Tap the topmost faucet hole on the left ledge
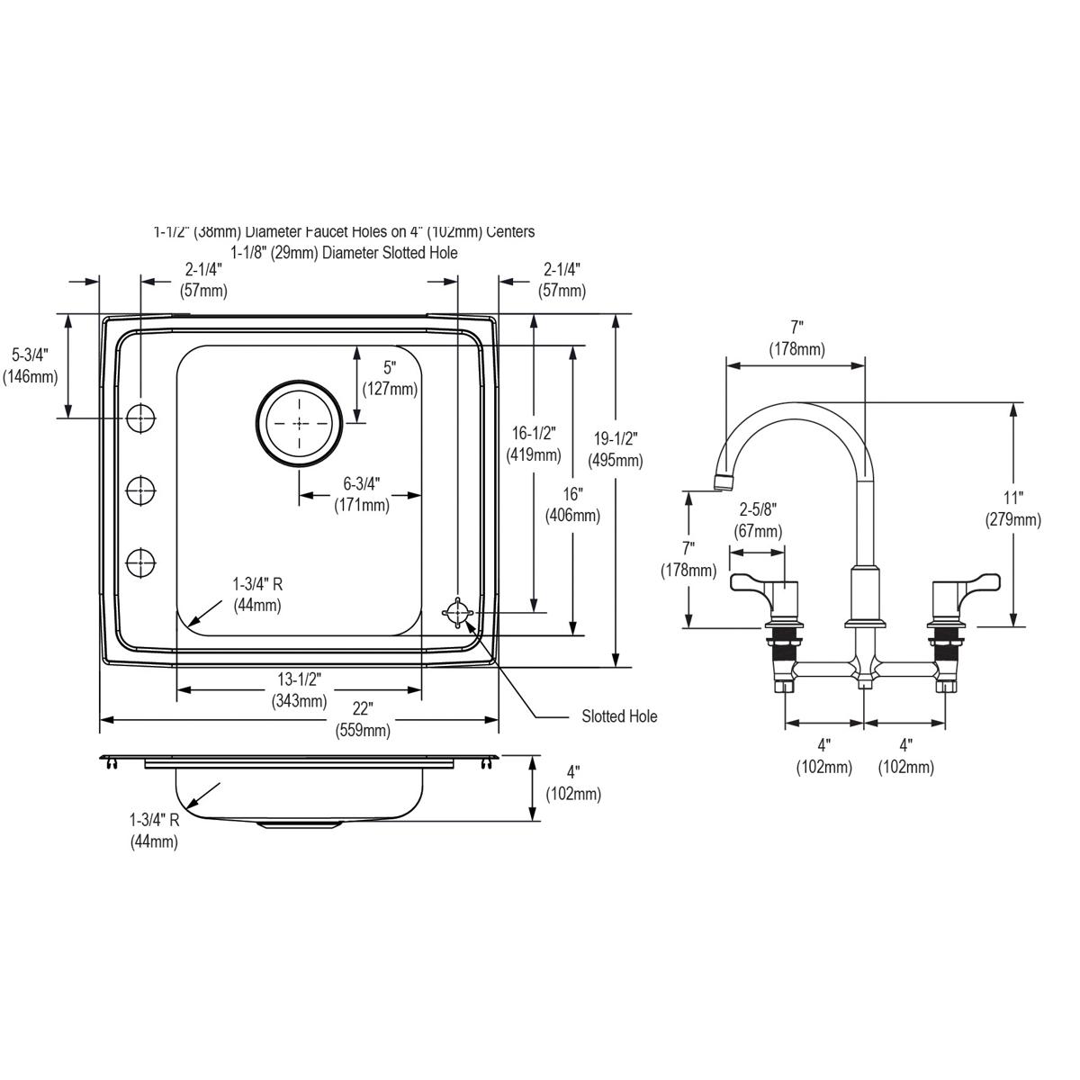[140, 418]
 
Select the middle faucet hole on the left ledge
[140, 490]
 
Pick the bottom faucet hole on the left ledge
[140, 562]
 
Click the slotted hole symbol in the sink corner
[458, 612]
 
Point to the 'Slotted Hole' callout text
[618, 716]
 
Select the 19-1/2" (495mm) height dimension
[616, 449]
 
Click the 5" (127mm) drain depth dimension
[389, 378]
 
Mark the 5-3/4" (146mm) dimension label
[30, 365]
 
